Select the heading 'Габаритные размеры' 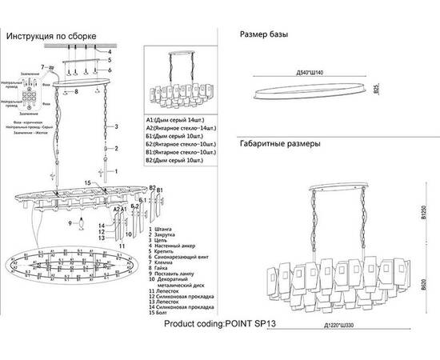click(x=280, y=146)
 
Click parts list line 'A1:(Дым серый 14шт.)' click(x=175, y=119)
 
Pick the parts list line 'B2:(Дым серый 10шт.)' click(x=175, y=161)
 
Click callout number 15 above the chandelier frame click(x=90, y=183)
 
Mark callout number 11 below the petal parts click(x=122, y=244)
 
